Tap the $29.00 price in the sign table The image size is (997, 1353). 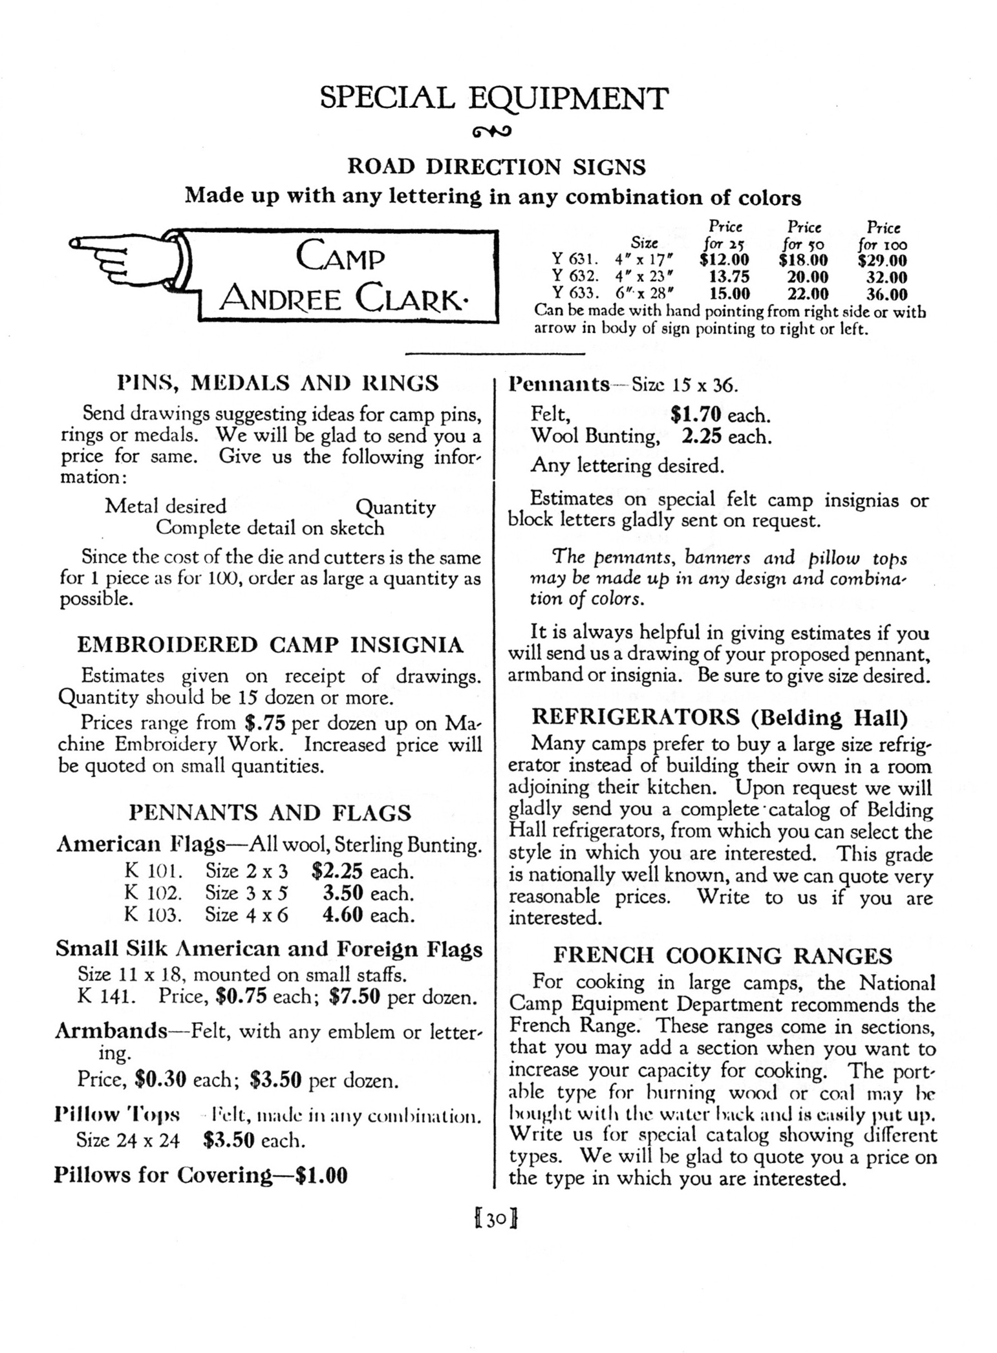(883, 261)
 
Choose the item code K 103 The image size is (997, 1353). (153, 915)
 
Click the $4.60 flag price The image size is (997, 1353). (341, 915)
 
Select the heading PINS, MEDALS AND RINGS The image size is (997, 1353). (278, 383)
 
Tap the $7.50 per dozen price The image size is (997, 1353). (354, 996)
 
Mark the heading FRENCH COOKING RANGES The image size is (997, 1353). (723, 955)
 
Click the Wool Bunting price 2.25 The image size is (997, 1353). (702, 436)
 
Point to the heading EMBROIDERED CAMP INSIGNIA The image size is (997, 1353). (270, 645)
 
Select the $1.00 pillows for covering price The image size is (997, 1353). (321, 1175)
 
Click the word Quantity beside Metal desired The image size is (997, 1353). (396, 507)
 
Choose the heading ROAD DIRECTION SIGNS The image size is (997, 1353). (497, 167)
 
